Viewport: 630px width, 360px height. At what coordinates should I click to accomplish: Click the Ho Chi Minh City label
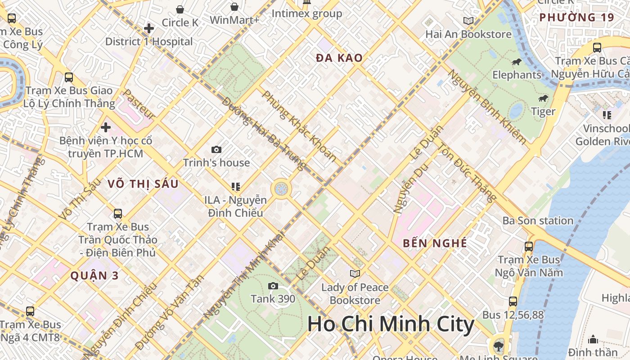pyautogui.click(x=391, y=324)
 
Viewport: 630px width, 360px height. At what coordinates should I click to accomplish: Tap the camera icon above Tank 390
pyautogui.click(x=273, y=286)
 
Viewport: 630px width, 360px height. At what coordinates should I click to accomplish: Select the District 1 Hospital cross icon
pyautogui.click(x=149, y=29)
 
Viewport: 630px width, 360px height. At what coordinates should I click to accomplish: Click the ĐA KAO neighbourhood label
pyautogui.click(x=339, y=58)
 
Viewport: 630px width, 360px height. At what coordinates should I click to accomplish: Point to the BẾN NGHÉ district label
pyautogui.click(x=435, y=243)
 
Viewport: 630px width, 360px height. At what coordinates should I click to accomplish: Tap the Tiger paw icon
pyautogui.click(x=543, y=99)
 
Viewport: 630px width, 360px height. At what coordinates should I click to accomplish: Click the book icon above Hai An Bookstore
pyautogui.click(x=468, y=21)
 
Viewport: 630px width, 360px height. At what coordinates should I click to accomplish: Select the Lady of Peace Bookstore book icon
pyautogui.click(x=355, y=274)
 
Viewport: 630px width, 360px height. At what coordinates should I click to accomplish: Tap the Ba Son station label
pyautogui.click(x=538, y=220)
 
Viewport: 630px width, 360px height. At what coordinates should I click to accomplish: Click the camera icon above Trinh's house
pyautogui.click(x=216, y=149)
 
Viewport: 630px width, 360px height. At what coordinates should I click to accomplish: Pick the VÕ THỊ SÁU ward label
pyautogui.click(x=143, y=184)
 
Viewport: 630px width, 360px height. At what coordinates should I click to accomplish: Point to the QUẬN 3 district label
pyautogui.click(x=94, y=276)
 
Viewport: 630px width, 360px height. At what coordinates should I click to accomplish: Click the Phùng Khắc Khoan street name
pyautogui.click(x=299, y=126)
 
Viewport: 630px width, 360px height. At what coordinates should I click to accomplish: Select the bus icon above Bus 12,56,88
pyautogui.click(x=513, y=301)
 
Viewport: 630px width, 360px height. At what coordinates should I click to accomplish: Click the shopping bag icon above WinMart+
pyautogui.click(x=234, y=7)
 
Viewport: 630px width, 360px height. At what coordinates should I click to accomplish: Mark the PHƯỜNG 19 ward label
pyautogui.click(x=576, y=18)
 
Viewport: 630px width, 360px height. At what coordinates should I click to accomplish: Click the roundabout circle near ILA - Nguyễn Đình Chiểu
pyautogui.click(x=281, y=189)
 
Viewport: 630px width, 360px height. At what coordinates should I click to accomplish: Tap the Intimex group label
pyautogui.click(x=307, y=13)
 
